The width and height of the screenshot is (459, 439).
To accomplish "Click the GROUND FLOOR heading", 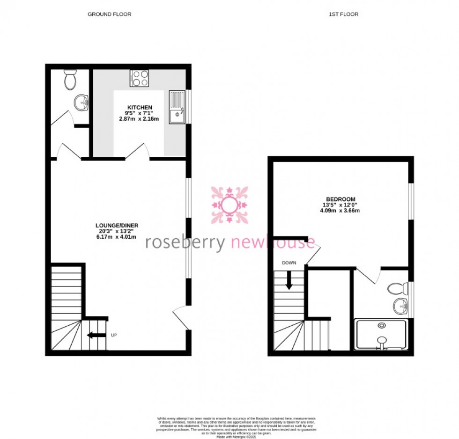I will [x=110, y=15].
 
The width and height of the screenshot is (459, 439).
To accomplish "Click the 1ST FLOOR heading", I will [x=343, y=15].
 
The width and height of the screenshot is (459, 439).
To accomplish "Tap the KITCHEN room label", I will [x=139, y=108].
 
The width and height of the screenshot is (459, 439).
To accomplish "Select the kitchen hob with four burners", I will [x=139, y=78].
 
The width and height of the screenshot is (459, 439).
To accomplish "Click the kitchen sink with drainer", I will [x=178, y=108].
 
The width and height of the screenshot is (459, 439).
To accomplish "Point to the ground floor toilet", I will [x=70, y=80].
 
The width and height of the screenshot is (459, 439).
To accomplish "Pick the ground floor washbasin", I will [x=81, y=102].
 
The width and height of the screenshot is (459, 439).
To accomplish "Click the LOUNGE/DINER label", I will [x=117, y=225].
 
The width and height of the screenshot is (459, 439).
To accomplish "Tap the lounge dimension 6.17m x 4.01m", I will [x=117, y=237].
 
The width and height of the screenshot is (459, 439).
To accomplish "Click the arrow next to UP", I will [x=96, y=335].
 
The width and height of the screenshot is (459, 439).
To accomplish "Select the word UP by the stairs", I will [x=114, y=335].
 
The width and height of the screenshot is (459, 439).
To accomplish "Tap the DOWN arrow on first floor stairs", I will [x=289, y=280].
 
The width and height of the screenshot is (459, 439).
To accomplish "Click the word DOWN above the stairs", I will [x=289, y=263].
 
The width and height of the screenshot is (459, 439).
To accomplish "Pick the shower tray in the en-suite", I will [x=381, y=335].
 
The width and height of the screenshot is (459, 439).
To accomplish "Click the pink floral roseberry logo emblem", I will [x=229, y=205].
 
